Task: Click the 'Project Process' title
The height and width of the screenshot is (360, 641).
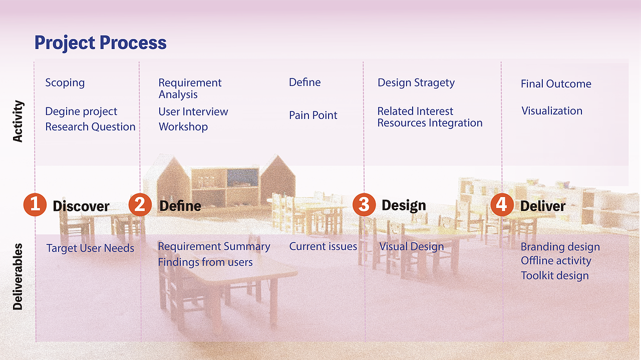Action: click(x=101, y=43)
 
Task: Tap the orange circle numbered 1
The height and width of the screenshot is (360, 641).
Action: click(x=35, y=204)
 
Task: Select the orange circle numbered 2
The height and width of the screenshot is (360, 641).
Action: click(x=140, y=204)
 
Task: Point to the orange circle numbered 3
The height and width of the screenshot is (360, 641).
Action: click(x=364, y=204)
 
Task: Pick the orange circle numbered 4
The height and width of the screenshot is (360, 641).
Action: click(x=502, y=204)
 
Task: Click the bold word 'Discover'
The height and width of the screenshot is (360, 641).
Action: click(x=81, y=206)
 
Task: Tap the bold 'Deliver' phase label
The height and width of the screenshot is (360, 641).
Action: click(x=543, y=206)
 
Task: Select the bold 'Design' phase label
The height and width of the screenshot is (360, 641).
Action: click(x=404, y=205)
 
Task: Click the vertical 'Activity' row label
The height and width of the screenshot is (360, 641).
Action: click(x=18, y=121)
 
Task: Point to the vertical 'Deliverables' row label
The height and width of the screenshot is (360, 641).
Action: click(x=18, y=276)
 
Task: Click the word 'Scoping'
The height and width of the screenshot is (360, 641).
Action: click(x=65, y=83)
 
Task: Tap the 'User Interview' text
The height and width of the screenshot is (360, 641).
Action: click(x=193, y=111)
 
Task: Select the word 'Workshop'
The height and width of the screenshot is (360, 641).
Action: click(x=183, y=127)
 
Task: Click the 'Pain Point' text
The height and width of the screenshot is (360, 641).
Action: click(x=313, y=115)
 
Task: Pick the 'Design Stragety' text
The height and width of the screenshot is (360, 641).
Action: click(x=416, y=83)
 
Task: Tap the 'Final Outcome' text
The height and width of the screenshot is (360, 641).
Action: click(x=556, y=83)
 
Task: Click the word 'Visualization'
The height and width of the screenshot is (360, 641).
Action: click(x=552, y=110)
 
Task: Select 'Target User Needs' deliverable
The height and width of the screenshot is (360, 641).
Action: click(x=90, y=248)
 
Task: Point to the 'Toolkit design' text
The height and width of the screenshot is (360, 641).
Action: click(x=555, y=275)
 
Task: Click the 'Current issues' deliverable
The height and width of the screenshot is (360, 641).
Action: click(x=323, y=246)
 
